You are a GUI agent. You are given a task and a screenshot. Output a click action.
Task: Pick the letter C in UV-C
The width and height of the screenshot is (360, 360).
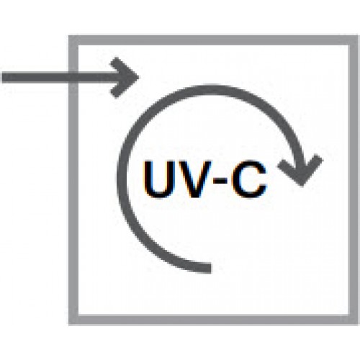[249, 180]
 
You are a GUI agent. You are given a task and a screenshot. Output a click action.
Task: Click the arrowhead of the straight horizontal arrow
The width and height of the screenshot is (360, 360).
[125, 78]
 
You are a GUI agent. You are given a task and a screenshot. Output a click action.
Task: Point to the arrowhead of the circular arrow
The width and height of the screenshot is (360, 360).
[300, 171]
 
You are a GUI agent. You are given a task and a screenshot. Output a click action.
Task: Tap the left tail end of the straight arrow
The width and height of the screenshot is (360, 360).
[3, 78]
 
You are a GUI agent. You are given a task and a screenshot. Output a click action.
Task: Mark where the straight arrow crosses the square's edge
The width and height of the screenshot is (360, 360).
[73, 78]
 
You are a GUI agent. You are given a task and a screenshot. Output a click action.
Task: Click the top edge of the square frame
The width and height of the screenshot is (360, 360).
[214, 40]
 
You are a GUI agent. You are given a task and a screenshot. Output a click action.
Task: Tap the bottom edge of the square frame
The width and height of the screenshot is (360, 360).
[214, 320]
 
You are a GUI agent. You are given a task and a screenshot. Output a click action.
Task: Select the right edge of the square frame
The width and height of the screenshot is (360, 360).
[354, 180]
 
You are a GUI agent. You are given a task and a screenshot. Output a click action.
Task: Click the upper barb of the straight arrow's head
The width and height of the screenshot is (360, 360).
[124, 67]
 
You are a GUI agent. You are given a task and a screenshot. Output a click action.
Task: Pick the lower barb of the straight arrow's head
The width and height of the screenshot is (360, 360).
[124, 88]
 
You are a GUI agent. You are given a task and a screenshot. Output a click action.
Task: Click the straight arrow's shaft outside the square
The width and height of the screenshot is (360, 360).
[35, 78]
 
